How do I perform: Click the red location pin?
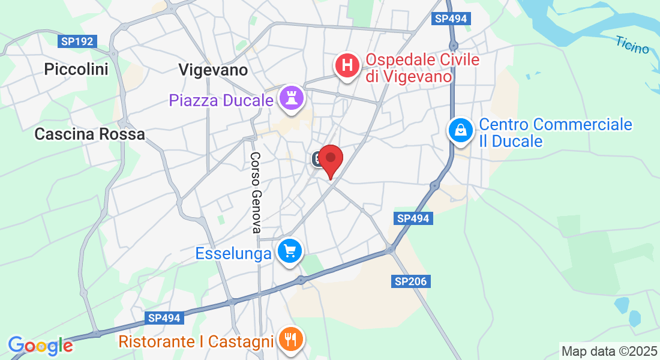[330, 159]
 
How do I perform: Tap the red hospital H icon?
[347, 65]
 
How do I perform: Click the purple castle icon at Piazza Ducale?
[292, 100]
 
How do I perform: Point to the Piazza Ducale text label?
[221, 100]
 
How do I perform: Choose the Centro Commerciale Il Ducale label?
[555, 133]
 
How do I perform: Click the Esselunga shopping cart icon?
[290, 251]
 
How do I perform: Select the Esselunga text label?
[233, 254]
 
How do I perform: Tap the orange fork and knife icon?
[292, 341]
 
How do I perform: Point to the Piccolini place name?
[76, 70]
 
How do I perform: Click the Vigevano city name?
[213, 70]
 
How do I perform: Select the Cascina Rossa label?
[90, 134]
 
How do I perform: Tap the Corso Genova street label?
[256, 192]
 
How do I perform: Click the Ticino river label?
[632, 44]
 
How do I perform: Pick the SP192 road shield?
[77, 42]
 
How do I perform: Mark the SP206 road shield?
[412, 281]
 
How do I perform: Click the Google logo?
[40, 345]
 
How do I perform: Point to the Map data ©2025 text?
[608, 351]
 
